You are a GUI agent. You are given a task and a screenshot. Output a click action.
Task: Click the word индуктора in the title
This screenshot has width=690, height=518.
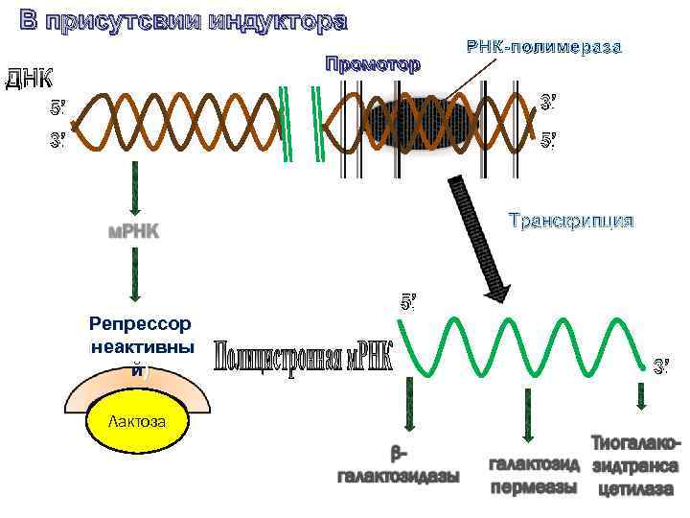coord(275,20)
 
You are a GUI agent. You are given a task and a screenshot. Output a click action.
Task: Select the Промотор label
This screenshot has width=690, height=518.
coord(372,65)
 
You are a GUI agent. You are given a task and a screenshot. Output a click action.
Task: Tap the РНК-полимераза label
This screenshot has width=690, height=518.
coord(544,45)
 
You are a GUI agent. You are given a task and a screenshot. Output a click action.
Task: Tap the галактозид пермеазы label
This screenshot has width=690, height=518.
coord(534,476)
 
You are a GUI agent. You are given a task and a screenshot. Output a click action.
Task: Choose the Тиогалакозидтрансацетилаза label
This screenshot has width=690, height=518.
coord(635,466)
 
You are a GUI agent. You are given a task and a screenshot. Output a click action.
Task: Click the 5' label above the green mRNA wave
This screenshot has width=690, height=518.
coord(407,303)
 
